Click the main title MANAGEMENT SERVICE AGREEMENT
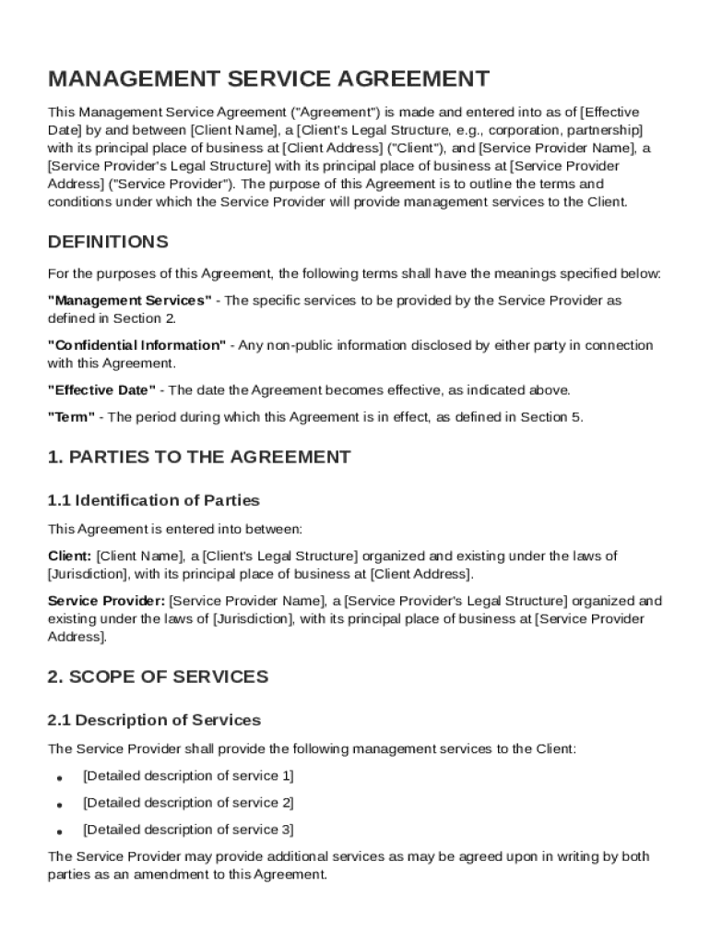point(268,79)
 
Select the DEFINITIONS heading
point(108,243)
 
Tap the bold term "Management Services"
point(130,301)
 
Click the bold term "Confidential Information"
point(136,345)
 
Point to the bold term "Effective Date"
point(101,389)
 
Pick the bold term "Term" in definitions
point(71,417)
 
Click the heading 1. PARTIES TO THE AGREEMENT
point(199,457)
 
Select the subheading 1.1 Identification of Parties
point(154,501)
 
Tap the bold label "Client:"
point(69,556)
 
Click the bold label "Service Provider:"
point(106,601)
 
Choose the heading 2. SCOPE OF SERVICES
point(158,677)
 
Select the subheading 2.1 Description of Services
point(154,721)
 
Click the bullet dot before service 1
point(59,778)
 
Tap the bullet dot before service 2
point(59,805)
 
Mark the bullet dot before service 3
point(59,831)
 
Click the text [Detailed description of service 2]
point(188,803)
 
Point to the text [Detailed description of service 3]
point(188,830)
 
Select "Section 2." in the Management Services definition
point(144,318)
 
